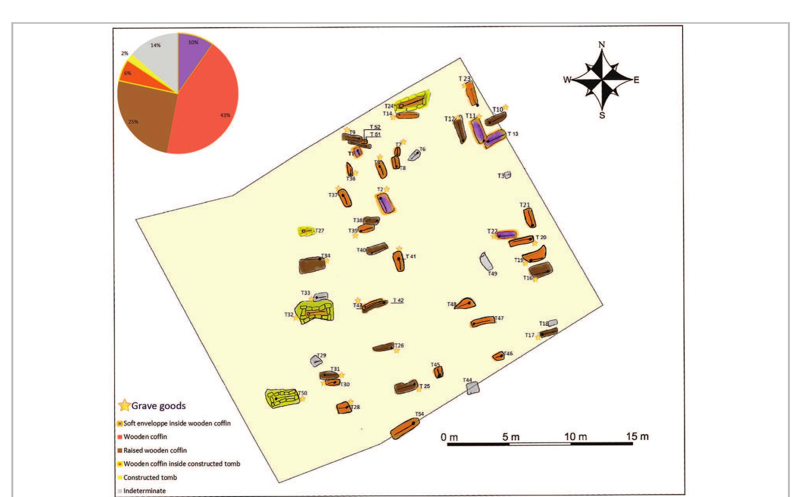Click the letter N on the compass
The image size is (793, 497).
click(x=602, y=44)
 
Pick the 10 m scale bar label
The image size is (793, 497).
click(x=575, y=437)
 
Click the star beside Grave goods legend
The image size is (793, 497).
click(x=124, y=405)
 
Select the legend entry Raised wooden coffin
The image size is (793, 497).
click(x=155, y=450)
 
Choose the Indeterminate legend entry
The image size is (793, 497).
click(x=144, y=491)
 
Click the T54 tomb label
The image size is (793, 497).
click(x=419, y=414)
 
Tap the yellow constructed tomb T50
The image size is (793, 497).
click(x=282, y=398)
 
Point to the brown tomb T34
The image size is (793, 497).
click(x=312, y=265)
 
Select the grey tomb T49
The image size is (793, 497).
click(x=486, y=261)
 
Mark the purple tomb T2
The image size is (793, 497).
click(x=384, y=203)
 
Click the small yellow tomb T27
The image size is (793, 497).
click(x=306, y=231)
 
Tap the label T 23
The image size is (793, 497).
click(x=464, y=79)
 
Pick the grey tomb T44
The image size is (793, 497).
click(x=473, y=388)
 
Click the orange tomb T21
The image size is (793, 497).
click(x=529, y=218)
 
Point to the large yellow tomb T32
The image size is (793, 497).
click(x=314, y=311)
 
